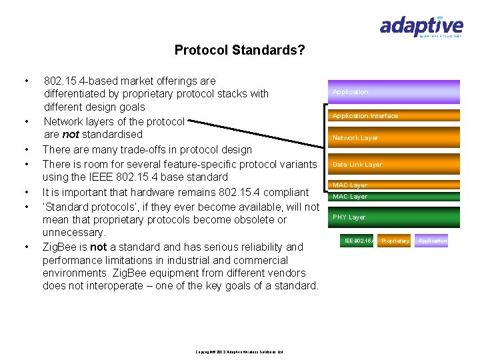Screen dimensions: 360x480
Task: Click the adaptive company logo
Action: (421, 27)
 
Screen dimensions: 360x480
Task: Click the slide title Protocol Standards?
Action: (239, 50)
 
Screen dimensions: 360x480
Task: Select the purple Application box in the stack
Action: (393, 92)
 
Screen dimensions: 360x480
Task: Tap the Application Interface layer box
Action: (393, 115)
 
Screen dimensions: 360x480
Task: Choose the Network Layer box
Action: (393, 137)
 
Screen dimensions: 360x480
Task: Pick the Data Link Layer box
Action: (393, 164)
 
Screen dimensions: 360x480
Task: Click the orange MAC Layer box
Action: (393, 185)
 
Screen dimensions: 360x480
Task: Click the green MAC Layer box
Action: (393, 197)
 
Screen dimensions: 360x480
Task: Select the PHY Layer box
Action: (393, 217)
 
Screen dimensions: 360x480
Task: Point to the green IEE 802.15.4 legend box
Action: (358, 241)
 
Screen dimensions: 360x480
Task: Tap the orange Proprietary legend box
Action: (395, 241)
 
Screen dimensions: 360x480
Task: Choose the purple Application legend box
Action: (432, 241)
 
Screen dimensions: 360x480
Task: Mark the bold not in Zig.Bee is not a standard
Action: (99, 247)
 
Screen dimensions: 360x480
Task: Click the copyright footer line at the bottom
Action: (239, 351)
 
